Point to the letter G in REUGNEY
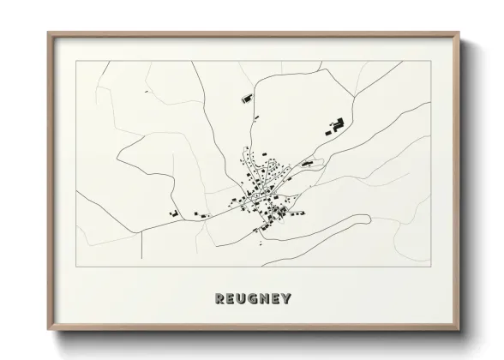(x=252, y=299)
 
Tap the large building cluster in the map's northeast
(x=334, y=126)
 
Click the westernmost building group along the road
(x=173, y=212)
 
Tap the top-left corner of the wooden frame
(x=48, y=33)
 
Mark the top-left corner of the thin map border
(x=76, y=62)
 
